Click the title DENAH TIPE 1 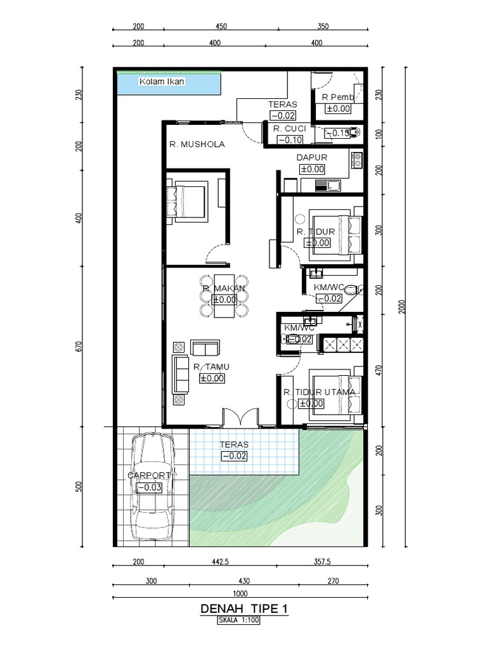coord(244,609)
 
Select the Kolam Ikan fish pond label coord(162,82)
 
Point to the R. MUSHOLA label coord(197,145)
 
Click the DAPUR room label coord(311,157)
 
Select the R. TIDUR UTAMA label coord(320,392)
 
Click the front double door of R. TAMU coord(240,417)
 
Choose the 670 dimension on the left coord(79,347)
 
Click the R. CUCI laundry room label coord(290,129)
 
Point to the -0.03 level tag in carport coord(153,487)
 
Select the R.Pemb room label coord(337,98)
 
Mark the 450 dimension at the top coord(221,27)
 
